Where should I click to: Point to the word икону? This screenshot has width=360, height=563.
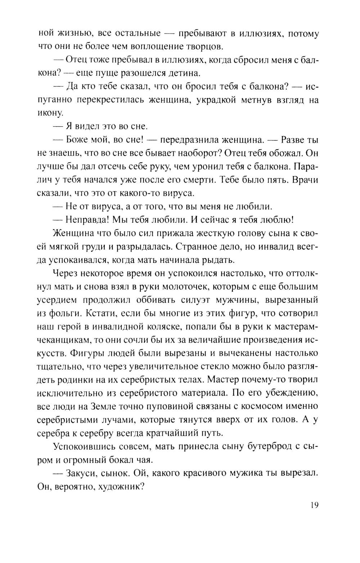point(50,113)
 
